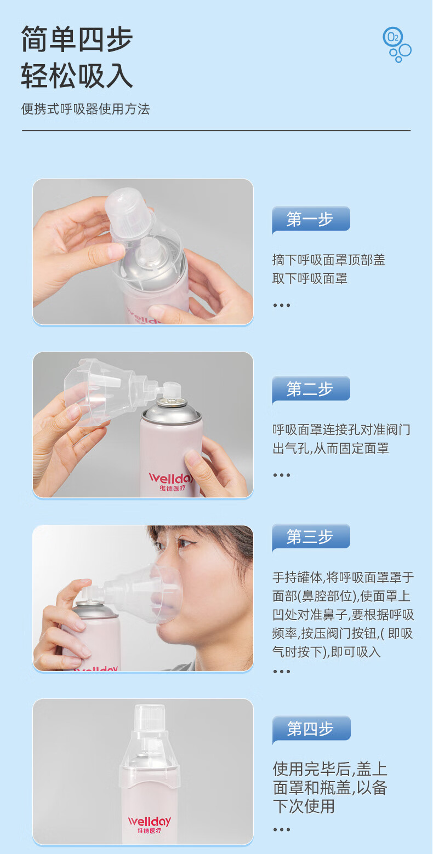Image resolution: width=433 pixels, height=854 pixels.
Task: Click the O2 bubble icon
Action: [396, 44]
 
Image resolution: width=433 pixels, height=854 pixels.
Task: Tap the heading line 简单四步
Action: [77, 39]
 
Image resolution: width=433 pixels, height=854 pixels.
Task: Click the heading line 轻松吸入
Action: [77, 76]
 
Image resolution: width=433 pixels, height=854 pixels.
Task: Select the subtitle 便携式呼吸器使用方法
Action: [86, 109]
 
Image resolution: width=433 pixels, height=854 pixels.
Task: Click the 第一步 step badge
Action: [311, 220]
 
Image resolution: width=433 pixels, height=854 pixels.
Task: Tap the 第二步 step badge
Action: [311, 389]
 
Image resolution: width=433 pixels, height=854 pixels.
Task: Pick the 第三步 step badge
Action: [311, 537]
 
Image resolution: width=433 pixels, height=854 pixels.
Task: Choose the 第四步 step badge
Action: [311, 729]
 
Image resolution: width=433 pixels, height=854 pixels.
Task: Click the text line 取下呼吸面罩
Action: [310, 279]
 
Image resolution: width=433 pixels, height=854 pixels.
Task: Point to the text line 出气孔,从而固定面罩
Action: [331, 448]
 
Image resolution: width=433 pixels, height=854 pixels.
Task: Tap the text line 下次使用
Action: [304, 806]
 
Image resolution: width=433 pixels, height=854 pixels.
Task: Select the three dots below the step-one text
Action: [282, 305]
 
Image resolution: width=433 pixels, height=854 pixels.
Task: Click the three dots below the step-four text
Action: [282, 829]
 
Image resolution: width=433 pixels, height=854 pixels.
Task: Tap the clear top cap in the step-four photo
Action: [150, 719]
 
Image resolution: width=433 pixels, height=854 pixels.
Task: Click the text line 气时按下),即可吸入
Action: [327, 652]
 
